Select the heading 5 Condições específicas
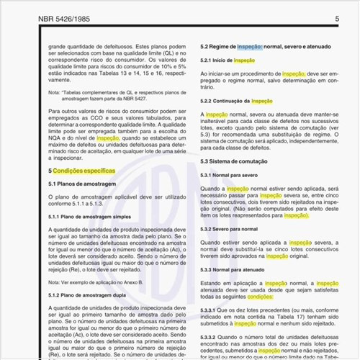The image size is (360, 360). pos(81,171)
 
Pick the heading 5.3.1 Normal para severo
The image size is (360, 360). pos(228,175)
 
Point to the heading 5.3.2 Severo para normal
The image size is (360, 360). pos(228,229)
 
